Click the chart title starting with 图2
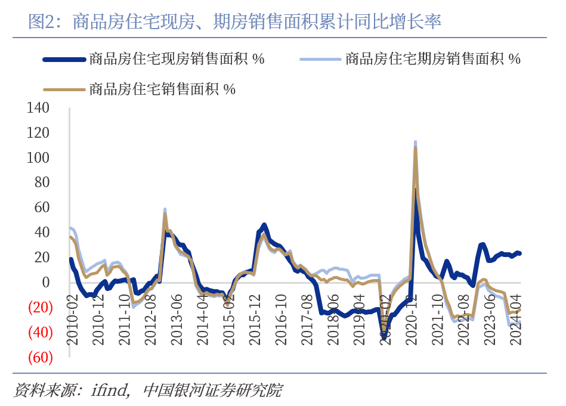coord(235,22)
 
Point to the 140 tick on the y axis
coord(39,109)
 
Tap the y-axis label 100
coord(39,158)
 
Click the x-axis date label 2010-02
coord(72,319)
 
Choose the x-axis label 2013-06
coord(177,319)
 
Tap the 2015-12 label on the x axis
coord(255,319)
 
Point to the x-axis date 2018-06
coord(333,319)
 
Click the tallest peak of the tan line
coord(415,147)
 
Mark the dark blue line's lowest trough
coord(385,336)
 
